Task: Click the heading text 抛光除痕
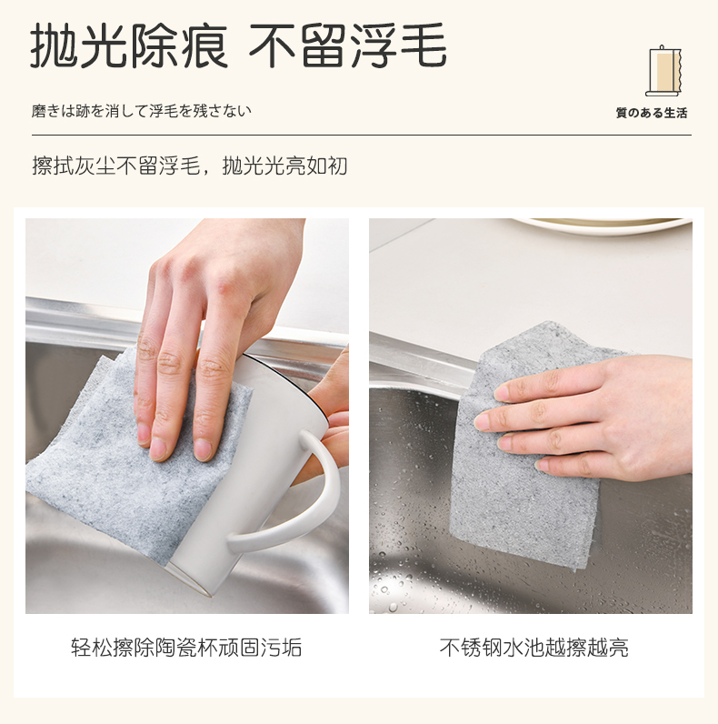(129, 46)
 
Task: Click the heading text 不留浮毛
(348, 45)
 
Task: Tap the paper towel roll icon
(663, 71)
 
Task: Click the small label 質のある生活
(652, 113)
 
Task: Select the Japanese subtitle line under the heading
(141, 111)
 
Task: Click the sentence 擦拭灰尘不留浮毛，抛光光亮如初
(189, 166)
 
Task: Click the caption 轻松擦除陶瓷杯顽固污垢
(186, 648)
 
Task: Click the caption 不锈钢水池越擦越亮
(534, 648)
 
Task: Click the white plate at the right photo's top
(604, 226)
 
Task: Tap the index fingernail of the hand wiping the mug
(202, 449)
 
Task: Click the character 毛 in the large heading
(424, 46)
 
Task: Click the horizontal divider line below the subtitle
(362, 136)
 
